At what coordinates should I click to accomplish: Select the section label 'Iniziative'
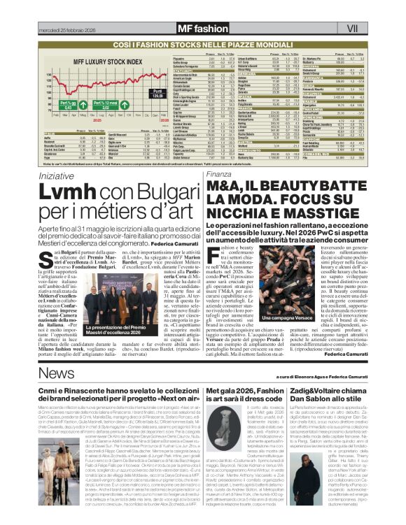point(56,173)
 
